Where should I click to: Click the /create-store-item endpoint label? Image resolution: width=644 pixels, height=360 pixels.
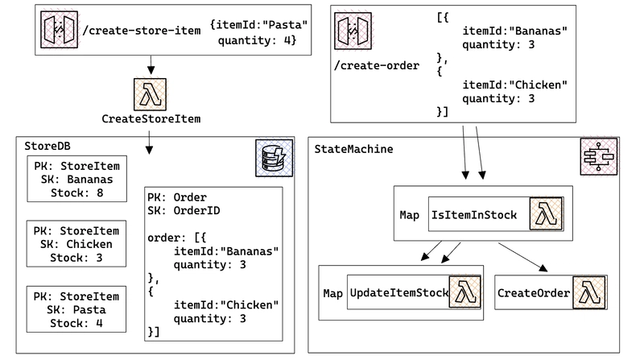click(x=142, y=31)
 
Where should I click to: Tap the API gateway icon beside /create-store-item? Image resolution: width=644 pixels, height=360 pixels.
click(x=59, y=30)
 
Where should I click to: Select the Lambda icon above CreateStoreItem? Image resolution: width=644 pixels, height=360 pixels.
click(x=151, y=94)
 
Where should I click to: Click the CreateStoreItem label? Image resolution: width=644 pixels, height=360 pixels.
click(x=151, y=118)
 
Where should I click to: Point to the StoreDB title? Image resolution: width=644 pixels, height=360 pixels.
click(x=47, y=146)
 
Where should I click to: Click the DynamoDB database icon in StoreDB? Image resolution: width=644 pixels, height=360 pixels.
click(x=275, y=158)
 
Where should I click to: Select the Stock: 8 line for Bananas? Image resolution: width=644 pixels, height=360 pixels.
click(x=76, y=192)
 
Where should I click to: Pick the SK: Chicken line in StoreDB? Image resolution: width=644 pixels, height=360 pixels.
click(x=76, y=244)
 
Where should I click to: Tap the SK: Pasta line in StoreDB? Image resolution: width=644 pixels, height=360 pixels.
click(x=76, y=309)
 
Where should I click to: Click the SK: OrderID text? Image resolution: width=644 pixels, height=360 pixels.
click(x=184, y=210)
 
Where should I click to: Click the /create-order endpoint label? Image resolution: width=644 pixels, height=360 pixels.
click(x=377, y=65)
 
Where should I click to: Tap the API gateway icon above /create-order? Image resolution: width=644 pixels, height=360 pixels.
click(x=353, y=31)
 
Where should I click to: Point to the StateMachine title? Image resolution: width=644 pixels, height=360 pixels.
click(x=353, y=149)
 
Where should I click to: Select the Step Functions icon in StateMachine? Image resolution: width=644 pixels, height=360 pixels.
click(x=599, y=156)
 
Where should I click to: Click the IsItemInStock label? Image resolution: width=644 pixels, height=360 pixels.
click(x=474, y=215)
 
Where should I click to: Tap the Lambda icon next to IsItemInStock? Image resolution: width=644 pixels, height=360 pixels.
click(x=546, y=213)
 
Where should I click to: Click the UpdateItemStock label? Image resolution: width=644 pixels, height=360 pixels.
click(x=398, y=292)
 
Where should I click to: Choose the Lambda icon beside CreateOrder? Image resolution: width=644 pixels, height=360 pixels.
click(x=589, y=292)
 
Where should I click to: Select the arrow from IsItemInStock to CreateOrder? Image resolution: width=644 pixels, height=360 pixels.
click(x=522, y=257)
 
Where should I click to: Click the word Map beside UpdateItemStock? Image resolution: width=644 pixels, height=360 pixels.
click(x=332, y=293)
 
